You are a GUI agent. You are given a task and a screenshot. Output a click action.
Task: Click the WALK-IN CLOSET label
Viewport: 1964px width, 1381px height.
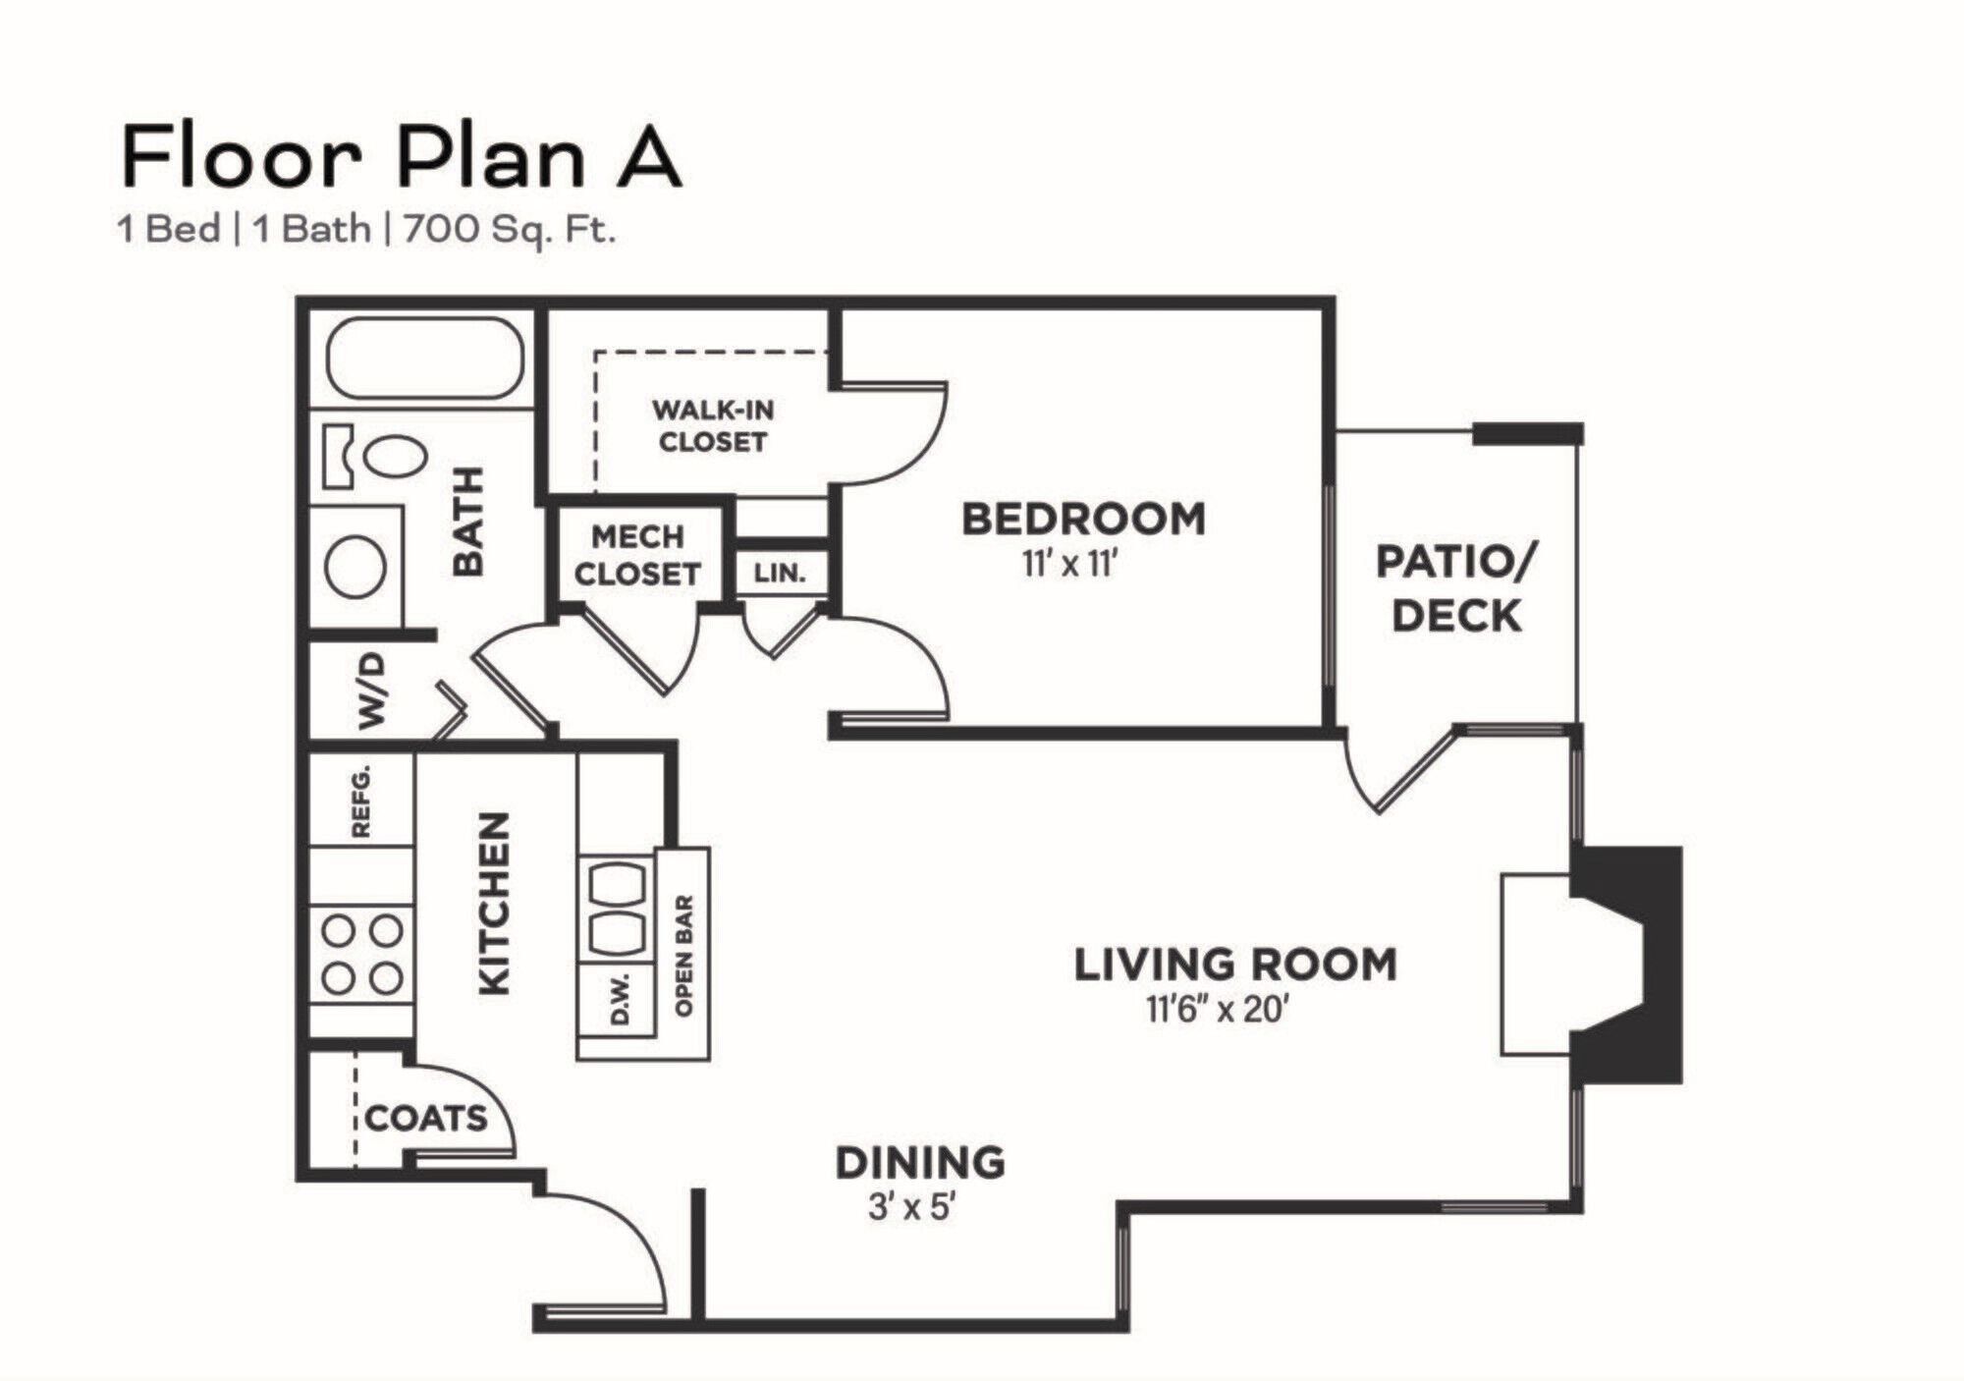[x=713, y=425]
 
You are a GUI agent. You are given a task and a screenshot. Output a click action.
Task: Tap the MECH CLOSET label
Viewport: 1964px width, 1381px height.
[x=637, y=555]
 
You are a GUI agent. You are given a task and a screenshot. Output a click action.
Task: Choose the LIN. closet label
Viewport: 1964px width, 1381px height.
[x=780, y=573]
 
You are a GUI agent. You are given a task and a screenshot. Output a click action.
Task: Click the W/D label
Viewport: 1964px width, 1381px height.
[x=372, y=691]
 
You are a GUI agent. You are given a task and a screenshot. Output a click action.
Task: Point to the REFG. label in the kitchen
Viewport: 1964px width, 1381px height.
[x=361, y=801]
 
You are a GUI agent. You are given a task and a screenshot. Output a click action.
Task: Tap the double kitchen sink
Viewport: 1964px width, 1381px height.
[x=616, y=909]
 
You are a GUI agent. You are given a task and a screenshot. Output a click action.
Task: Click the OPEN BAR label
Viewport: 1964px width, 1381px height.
[x=684, y=955]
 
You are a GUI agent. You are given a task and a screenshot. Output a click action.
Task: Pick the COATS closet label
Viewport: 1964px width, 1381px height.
[x=426, y=1118]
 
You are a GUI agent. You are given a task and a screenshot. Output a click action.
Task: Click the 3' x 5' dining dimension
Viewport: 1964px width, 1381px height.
[x=912, y=1206]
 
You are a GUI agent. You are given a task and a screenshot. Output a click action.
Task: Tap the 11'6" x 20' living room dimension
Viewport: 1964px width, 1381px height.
[x=1216, y=1010]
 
